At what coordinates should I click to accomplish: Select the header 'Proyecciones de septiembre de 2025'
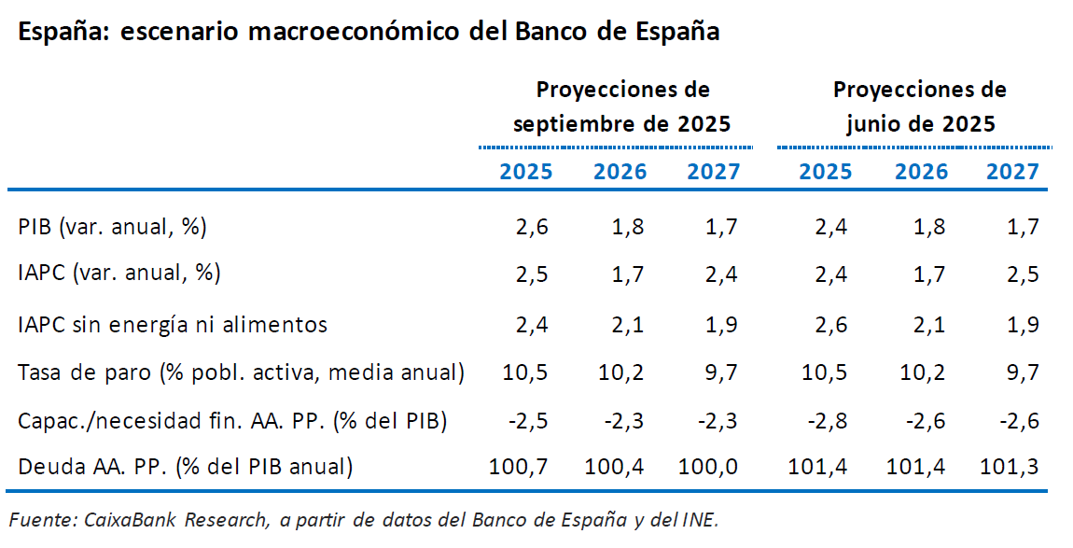622,106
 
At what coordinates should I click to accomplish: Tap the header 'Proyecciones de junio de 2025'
920,106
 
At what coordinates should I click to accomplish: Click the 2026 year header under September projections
620,172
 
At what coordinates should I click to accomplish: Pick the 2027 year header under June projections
1012,172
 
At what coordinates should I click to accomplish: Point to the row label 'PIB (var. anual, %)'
112,227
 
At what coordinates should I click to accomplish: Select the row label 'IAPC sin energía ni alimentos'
173,325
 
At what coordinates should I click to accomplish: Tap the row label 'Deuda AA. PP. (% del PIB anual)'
186,466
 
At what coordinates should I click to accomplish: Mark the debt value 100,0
707,466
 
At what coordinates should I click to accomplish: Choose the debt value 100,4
614,466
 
